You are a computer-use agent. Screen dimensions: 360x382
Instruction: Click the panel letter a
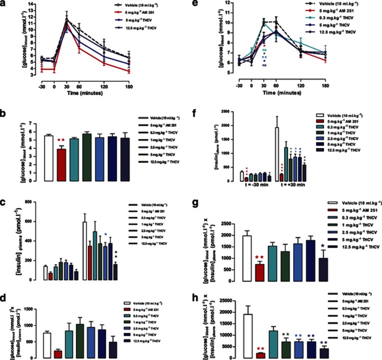(x=5, y=6)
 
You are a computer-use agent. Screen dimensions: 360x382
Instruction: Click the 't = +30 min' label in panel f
(x=298, y=185)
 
